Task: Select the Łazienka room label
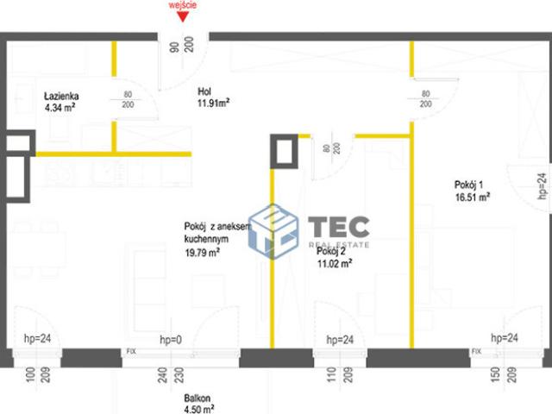pyautogui.click(x=61, y=97)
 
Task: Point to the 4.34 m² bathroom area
pyautogui.click(x=61, y=108)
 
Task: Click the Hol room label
pyautogui.click(x=205, y=91)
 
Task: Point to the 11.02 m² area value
pyautogui.click(x=335, y=265)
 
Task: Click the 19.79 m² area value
pyautogui.click(x=201, y=252)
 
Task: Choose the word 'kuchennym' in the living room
pyautogui.click(x=204, y=238)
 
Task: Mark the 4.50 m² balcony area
pyautogui.click(x=198, y=410)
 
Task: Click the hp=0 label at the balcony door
pyautogui.click(x=172, y=340)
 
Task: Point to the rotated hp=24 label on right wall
pyautogui.click(x=542, y=186)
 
